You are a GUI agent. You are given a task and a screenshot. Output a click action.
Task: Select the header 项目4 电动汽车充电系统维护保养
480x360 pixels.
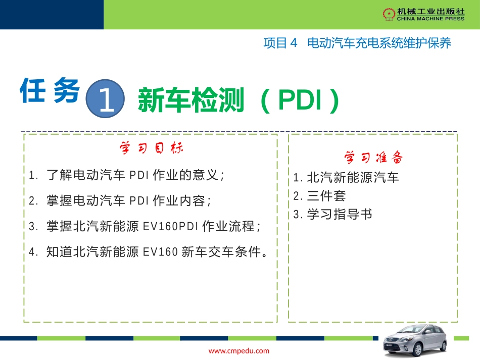(x=357, y=43)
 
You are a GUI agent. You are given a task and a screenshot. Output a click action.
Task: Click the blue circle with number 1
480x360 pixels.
(x=106, y=98)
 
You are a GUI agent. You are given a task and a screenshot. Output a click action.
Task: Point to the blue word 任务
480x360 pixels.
(x=50, y=91)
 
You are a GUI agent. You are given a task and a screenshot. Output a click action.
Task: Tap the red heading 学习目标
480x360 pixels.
(x=151, y=148)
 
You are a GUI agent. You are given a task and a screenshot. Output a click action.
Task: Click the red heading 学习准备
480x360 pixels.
(x=373, y=158)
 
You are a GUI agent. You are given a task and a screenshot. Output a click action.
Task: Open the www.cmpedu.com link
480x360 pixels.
(x=239, y=351)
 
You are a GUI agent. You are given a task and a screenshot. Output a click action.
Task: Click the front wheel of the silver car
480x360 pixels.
(x=399, y=350)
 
